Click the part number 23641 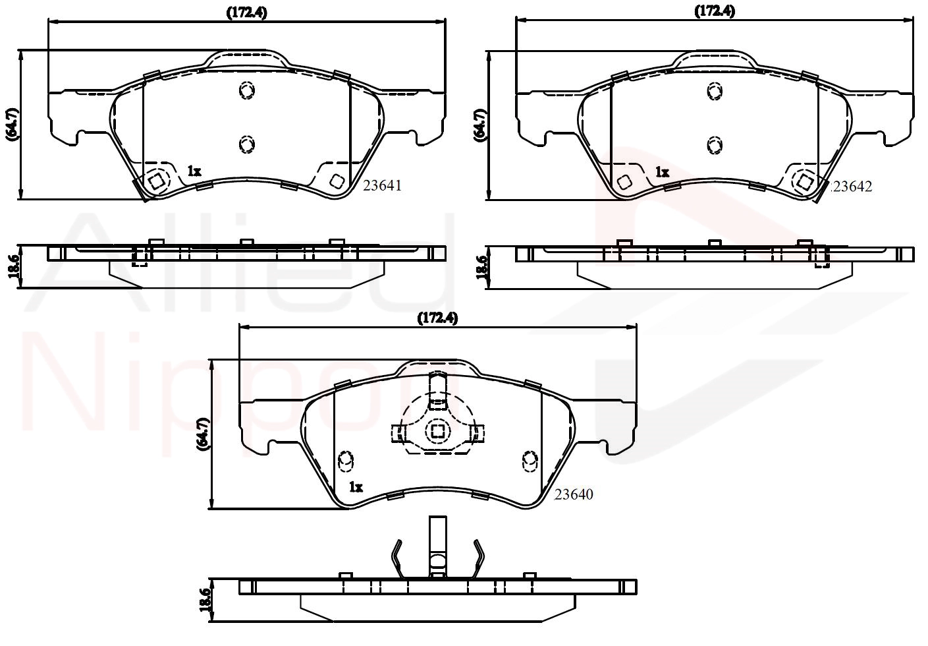382,186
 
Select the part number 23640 574,494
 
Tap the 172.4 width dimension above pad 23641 247,13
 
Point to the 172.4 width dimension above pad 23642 715,11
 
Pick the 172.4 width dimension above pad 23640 437,318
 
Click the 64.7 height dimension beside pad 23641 12,125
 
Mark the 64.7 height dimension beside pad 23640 204,434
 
